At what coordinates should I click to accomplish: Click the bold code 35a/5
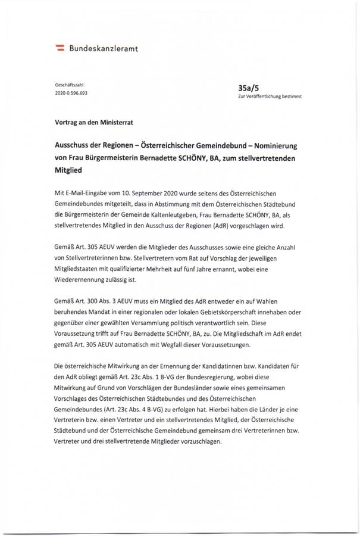coord(246,88)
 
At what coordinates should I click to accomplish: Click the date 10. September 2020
coord(155,194)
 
